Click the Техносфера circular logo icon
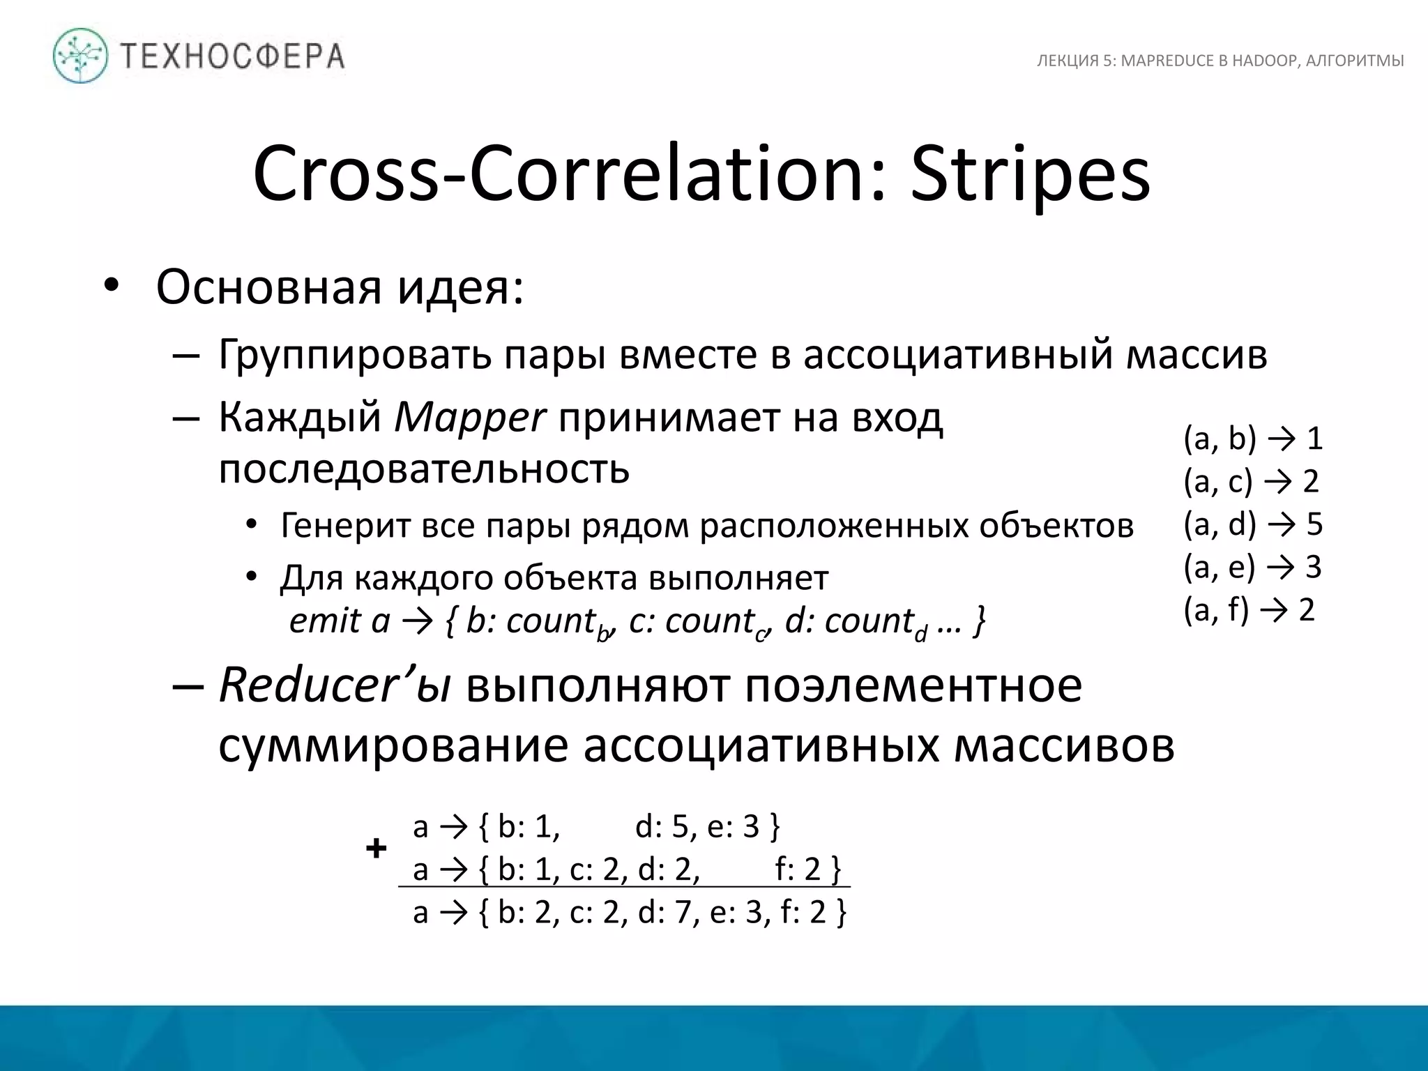click(81, 56)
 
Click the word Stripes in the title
click(1030, 174)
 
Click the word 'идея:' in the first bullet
click(461, 287)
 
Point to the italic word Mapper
click(469, 418)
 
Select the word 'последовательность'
click(424, 469)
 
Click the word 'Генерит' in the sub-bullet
click(346, 525)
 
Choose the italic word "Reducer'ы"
click(334, 686)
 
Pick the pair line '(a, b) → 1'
click(1253, 439)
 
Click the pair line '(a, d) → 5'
click(1253, 524)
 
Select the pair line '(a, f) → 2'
click(1249, 609)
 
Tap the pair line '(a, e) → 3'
click(1252, 567)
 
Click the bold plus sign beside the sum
click(376, 849)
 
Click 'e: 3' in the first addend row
click(732, 827)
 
